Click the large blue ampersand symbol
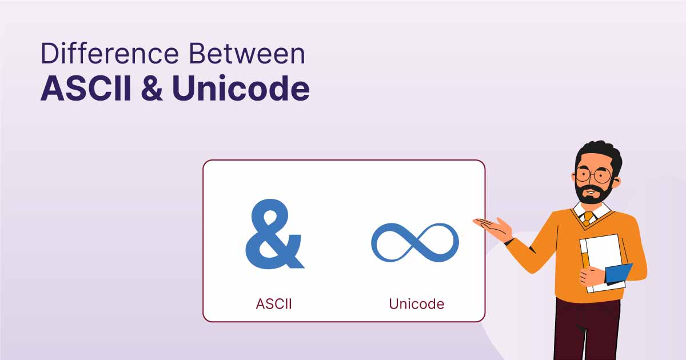(x=273, y=235)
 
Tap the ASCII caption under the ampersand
(x=273, y=303)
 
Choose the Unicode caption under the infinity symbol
(x=416, y=303)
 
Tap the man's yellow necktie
(x=588, y=218)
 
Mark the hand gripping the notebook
(x=590, y=277)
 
